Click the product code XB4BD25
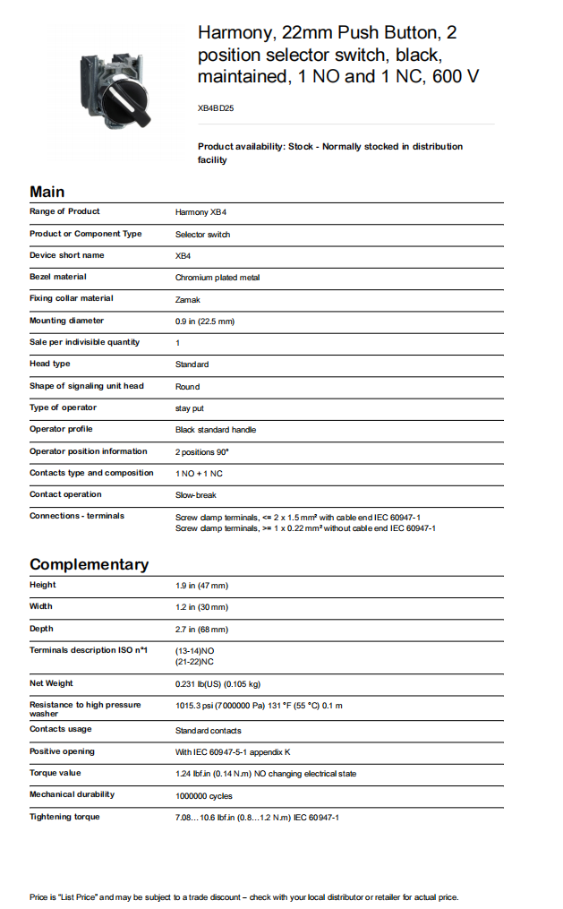pyautogui.click(x=216, y=107)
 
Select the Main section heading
pyautogui.click(x=47, y=192)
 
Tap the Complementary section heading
pyautogui.click(x=89, y=564)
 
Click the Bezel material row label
pyautogui.click(x=58, y=277)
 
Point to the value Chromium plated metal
pyautogui.click(x=218, y=278)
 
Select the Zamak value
pyautogui.click(x=188, y=299)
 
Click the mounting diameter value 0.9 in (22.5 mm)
pyautogui.click(x=205, y=322)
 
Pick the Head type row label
pyautogui.click(x=49, y=364)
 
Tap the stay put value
pyautogui.click(x=190, y=408)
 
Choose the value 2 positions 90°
pyautogui.click(x=203, y=451)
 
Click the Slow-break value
pyautogui.click(x=195, y=495)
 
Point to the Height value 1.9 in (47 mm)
pyautogui.click(x=201, y=586)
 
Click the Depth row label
pyautogui.click(x=41, y=629)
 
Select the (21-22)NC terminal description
pyautogui.click(x=194, y=662)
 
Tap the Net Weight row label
pyautogui.click(x=51, y=683)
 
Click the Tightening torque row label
pyautogui.click(x=64, y=817)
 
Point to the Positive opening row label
pyautogui.click(x=62, y=751)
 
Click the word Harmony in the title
pyautogui.click(x=235, y=34)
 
